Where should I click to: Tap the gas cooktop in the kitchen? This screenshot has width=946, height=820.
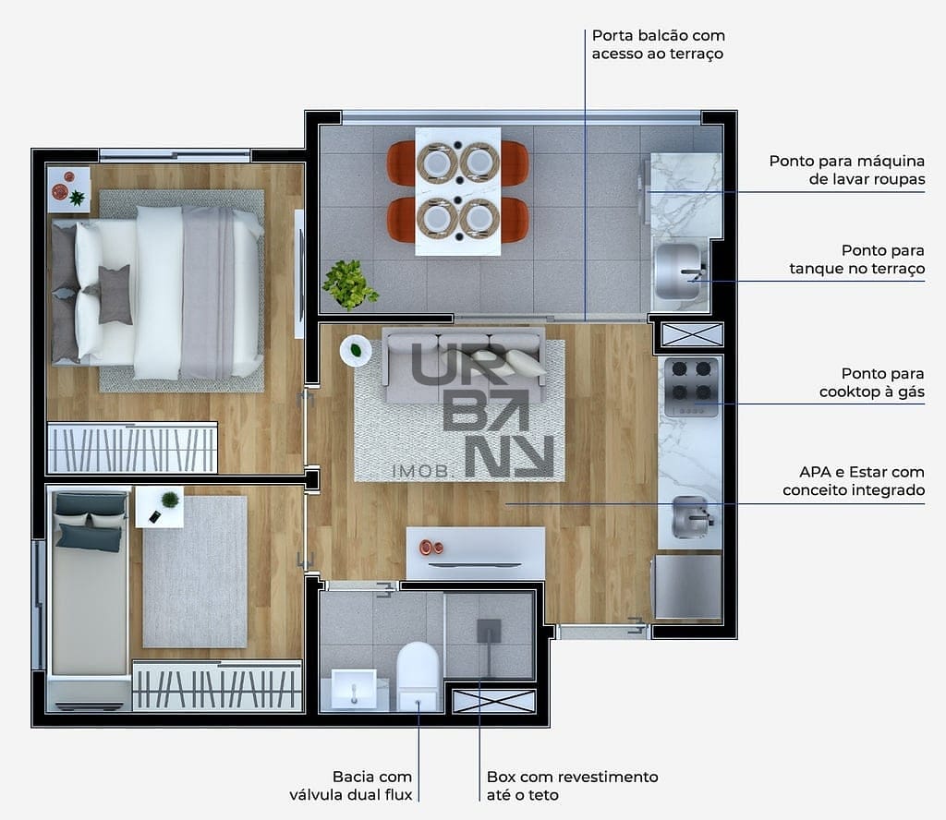point(691,387)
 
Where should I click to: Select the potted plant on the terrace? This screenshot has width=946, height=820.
point(349,284)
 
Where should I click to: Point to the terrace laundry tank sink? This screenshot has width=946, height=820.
point(680,271)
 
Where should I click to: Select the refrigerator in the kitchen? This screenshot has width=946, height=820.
point(687,586)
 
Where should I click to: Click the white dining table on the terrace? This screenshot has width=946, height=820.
point(458,191)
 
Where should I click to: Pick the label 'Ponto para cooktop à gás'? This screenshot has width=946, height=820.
point(872,383)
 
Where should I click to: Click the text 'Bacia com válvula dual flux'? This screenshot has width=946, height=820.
point(351,786)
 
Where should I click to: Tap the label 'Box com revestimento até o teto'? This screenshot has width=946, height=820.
point(572,786)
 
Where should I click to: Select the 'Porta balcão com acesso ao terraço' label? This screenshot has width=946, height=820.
point(658,44)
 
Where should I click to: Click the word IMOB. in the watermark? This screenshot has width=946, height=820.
point(421,471)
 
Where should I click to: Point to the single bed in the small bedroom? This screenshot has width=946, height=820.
point(90,583)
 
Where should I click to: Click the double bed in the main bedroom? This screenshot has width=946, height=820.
point(157,293)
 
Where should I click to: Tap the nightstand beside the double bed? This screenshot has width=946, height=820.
point(68,189)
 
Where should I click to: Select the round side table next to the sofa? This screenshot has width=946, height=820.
point(356,350)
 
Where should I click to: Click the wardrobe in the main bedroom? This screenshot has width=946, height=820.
point(132,448)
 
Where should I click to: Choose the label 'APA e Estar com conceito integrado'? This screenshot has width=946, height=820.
point(854,481)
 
